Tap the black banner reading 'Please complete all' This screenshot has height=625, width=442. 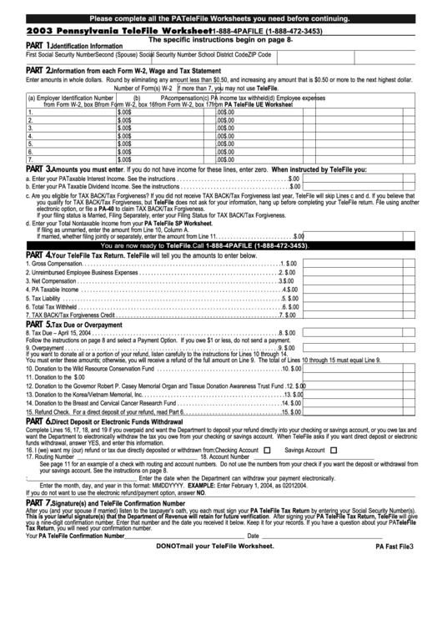(x=220, y=18)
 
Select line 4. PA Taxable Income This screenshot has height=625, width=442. (x=53, y=290)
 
